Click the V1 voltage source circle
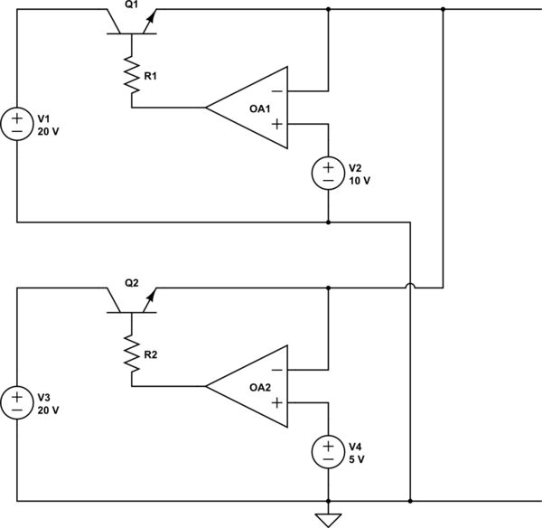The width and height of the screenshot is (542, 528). point(17,123)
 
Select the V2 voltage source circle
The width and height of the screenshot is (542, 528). point(327,173)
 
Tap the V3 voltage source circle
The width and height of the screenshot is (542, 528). point(17,401)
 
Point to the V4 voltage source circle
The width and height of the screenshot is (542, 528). point(327,451)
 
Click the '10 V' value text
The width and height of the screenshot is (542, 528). point(360,180)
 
